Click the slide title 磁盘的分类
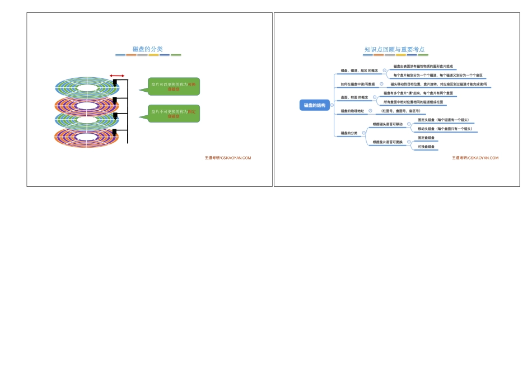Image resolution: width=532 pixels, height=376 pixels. tap(148, 49)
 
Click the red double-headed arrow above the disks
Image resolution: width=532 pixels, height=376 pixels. tap(117, 76)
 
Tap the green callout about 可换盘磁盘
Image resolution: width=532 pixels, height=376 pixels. tap(173, 86)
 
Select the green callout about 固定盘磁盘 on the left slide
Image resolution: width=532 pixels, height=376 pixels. tap(173, 114)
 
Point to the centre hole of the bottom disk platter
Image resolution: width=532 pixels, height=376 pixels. tap(86, 137)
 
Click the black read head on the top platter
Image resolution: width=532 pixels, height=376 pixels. tap(115, 83)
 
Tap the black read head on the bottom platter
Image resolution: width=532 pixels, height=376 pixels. tap(115, 132)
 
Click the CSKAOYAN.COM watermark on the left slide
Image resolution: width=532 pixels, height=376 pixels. tap(228, 158)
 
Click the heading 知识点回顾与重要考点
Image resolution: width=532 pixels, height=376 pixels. tap(394, 49)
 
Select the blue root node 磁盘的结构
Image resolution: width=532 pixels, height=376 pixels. tap(315, 105)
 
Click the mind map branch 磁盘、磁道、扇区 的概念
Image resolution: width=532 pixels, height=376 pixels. tap(358, 70)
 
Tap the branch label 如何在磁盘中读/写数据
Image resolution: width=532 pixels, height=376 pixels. tap(358, 84)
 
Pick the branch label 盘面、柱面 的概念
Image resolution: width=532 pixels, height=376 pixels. tap(355, 97)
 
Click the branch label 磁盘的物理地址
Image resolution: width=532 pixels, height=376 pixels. tap(352, 111)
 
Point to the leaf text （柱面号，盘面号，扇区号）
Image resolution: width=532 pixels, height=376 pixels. tap(400, 111)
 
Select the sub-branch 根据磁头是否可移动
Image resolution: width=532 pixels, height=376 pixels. tap(388, 124)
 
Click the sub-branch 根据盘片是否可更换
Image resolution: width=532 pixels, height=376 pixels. tap(388, 142)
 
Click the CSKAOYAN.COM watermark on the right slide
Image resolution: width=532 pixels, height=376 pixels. tap(475, 158)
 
